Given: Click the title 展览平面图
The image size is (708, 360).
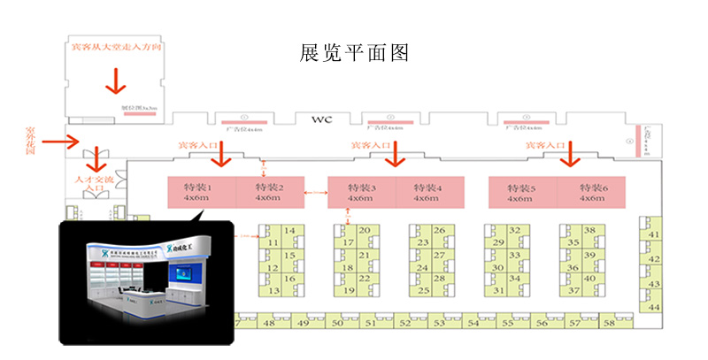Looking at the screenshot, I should pos(354,52).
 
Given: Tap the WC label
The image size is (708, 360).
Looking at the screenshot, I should pos(320,119).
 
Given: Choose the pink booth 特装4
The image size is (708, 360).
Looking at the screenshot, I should pos(431,192).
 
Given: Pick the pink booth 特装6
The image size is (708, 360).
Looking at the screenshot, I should pos(591,192).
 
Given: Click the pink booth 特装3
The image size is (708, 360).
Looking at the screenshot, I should pos(361,192).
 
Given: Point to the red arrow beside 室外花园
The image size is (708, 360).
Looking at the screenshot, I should pos(60,141).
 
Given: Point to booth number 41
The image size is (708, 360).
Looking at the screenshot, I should pos(655,234).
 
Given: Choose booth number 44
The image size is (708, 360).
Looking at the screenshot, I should pos(655,307).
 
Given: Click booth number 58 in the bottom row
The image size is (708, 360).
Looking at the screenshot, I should pos(608,324).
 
